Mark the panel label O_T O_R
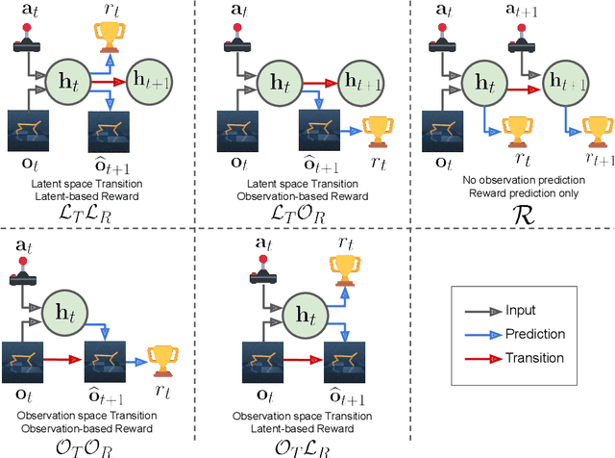(102, 445)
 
